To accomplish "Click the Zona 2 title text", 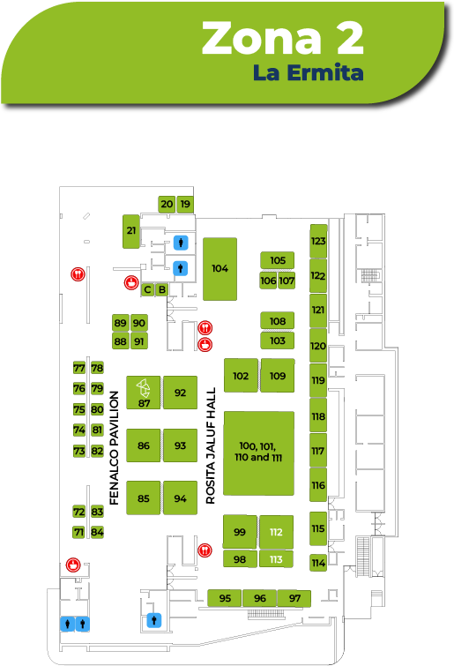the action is click(x=283, y=38).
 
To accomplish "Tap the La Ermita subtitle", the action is click(x=308, y=72).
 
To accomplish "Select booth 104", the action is click(x=220, y=269).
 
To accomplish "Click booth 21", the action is click(x=131, y=231).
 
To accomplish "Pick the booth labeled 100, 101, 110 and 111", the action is click(x=259, y=453).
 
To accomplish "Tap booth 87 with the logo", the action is click(x=144, y=393).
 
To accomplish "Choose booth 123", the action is click(x=318, y=241).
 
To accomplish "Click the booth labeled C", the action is click(x=147, y=289).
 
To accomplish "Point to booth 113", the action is click(x=276, y=559).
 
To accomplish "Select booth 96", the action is click(x=260, y=598).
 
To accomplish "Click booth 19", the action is click(x=185, y=205).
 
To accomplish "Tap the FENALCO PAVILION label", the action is click(x=114, y=448).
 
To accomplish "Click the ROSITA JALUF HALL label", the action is click(x=211, y=445).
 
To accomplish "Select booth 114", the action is click(x=318, y=563).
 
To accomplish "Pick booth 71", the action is click(x=79, y=532).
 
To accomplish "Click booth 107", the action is click(x=287, y=281).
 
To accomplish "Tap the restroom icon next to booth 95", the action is click(x=154, y=620).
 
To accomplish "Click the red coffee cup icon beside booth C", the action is click(x=131, y=282).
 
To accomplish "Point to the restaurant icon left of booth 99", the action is click(x=205, y=550).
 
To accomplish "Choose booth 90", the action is click(x=138, y=323).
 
